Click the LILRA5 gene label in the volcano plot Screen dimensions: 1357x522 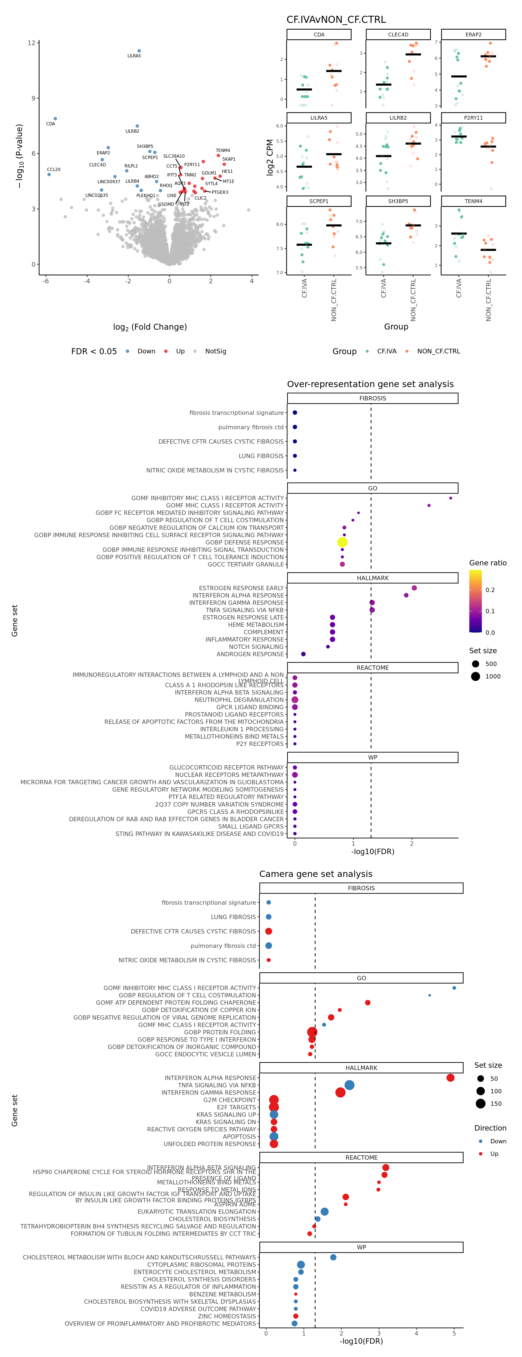(134, 56)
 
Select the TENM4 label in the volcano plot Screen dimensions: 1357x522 (223, 151)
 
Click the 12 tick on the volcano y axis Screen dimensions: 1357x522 (32, 43)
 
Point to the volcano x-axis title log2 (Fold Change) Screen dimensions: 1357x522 (150, 327)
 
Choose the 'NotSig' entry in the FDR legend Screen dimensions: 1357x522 (215, 351)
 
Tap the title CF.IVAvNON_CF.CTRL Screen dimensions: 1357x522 (336, 20)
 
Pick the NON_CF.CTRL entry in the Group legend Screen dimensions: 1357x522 (438, 351)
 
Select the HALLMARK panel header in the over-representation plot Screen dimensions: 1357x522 (372, 578)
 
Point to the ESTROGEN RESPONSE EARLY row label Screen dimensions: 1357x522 (241, 588)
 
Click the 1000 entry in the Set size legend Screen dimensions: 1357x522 (493, 676)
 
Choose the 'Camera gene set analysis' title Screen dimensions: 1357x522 (316, 874)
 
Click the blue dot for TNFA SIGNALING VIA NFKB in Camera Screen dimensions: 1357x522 (349, 1085)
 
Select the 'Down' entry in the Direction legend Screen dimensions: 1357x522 (498, 1141)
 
